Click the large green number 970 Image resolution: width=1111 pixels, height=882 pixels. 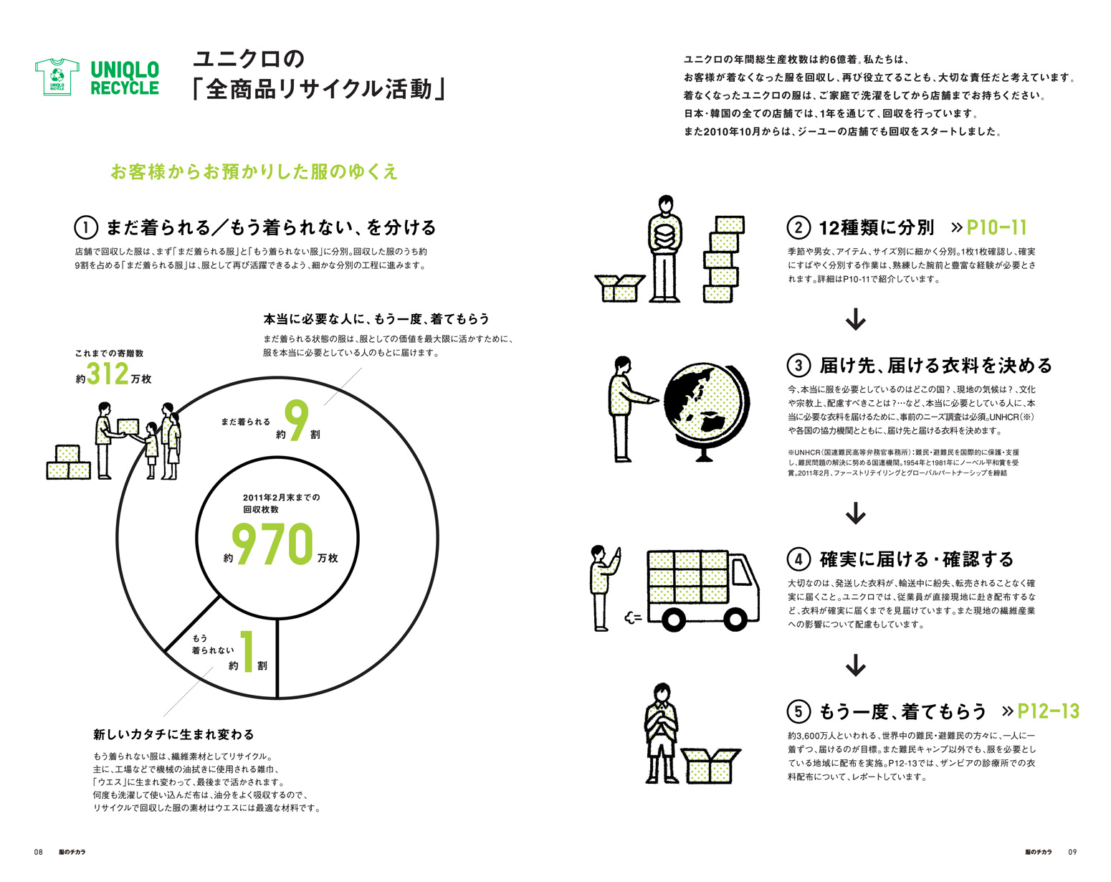(x=273, y=545)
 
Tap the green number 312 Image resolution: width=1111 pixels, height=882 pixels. (x=108, y=374)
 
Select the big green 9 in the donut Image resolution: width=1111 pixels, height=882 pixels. (x=296, y=420)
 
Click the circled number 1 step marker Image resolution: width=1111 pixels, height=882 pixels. (x=86, y=228)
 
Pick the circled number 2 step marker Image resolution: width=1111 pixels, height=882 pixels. (x=798, y=228)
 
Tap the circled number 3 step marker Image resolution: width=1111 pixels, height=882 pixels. (x=798, y=366)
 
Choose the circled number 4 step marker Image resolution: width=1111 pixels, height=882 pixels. (x=798, y=559)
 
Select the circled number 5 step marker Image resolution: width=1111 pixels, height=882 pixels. (x=798, y=711)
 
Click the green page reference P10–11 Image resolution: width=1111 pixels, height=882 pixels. (x=996, y=228)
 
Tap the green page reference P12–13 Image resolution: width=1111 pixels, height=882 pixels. (x=1048, y=711)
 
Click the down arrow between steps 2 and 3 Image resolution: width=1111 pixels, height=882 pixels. (x=856, y=319)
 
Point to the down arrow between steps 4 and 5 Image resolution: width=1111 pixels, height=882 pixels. (x=856, y=665)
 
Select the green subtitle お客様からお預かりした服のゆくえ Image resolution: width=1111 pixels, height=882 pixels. (x=254, y=172)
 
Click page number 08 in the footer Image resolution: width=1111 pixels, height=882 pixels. (x=39, y=852)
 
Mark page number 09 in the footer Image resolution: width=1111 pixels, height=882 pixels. (x=1072, y=852)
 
